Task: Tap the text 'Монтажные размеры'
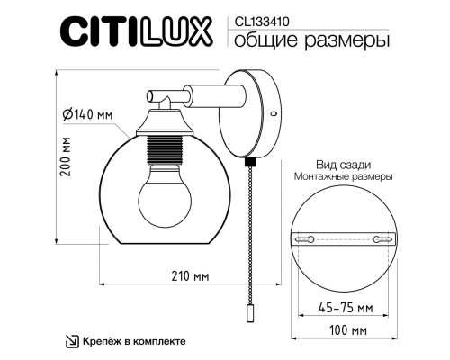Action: (x=343, y=178)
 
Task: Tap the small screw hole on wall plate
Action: (x=273, y=114)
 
